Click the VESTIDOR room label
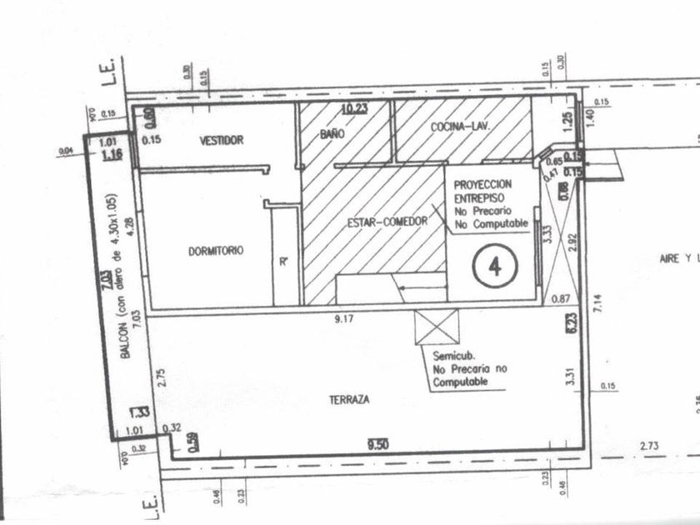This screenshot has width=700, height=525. pos(222,141)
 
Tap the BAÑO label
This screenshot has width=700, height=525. pos(332,134)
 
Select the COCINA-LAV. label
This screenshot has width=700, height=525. pos(459,127)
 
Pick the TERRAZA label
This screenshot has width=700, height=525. pos(349,399)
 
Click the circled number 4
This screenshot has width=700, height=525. pos(496,267)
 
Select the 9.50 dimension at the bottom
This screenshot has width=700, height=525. pos(379,446)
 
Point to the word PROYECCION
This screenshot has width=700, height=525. pos(482,182)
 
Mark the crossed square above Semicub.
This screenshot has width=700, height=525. pos(437,325)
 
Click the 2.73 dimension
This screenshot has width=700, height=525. pos(650,447)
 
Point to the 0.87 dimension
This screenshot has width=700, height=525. pos(559,298)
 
